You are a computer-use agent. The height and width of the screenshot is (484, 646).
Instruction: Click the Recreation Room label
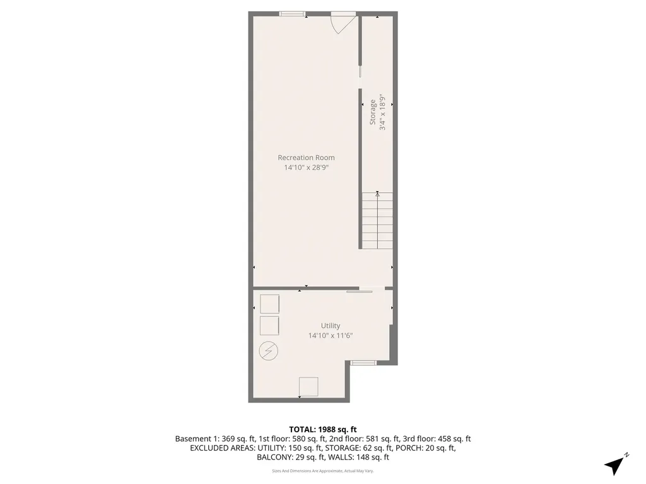coord(306,158)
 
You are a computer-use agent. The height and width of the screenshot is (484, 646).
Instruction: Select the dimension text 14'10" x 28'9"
coord(306,168)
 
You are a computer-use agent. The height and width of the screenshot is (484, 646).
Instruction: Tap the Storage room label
coord(373,112)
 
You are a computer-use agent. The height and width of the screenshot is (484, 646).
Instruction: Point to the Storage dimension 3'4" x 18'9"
coord(383,112)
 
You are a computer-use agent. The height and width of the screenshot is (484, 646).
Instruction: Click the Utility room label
coord(331,326)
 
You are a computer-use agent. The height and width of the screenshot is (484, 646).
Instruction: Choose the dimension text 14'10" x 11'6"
coord(331,335)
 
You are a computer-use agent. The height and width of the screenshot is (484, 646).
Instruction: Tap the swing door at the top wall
coord(343,23)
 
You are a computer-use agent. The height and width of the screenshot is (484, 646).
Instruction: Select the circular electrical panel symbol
coord(268,351)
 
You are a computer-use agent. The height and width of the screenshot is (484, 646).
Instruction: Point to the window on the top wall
coord(293,14)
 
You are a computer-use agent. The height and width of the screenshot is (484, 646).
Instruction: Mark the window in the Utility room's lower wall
coord(363,362)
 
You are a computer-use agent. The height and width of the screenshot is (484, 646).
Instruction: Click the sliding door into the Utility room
coord(359,292)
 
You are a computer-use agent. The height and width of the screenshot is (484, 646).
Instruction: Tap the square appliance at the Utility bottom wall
coord(308,387)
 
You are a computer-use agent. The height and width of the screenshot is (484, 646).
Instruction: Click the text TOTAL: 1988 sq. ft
coord(322,430)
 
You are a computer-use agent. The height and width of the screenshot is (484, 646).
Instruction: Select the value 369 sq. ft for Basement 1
coord(238,439)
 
